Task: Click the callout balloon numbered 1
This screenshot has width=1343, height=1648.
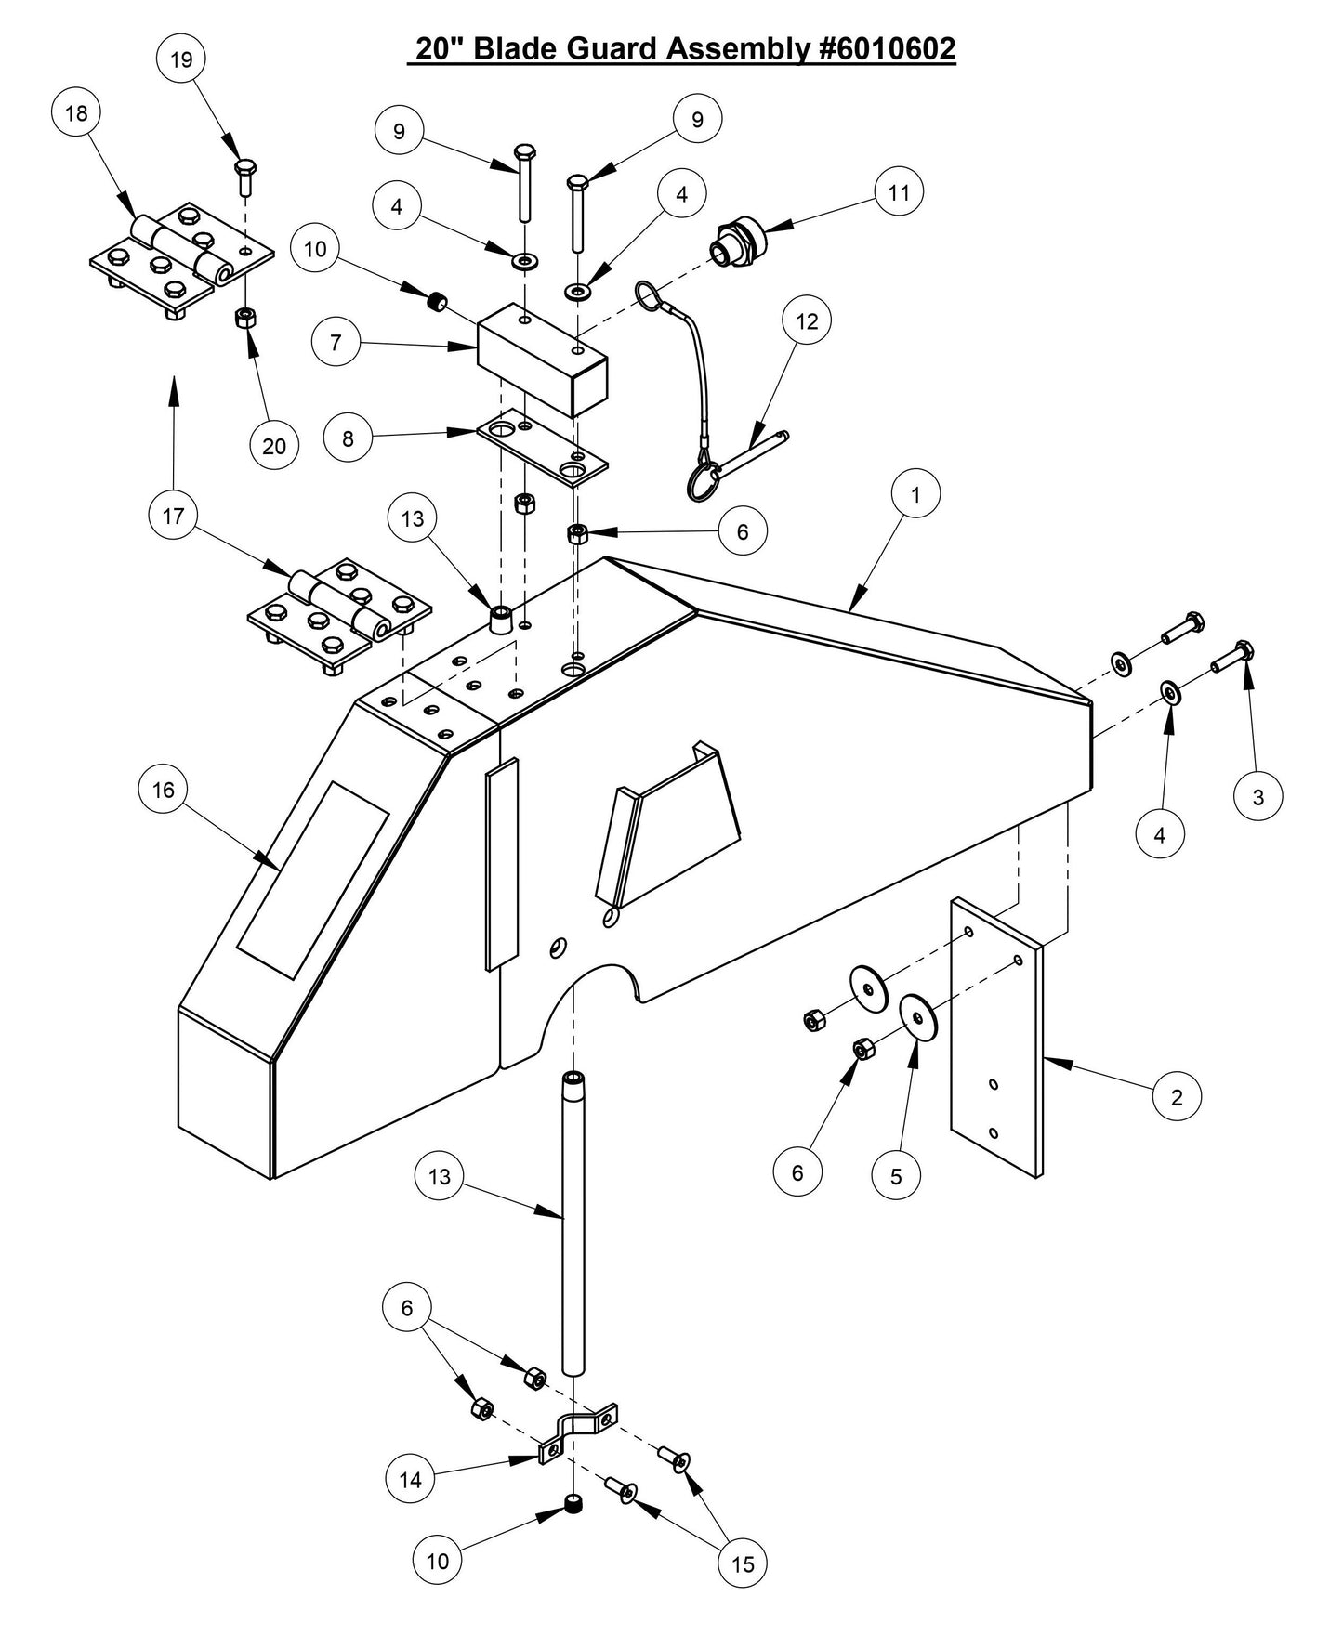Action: [915, 495]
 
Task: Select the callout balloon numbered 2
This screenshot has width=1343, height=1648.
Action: [1177, 1097]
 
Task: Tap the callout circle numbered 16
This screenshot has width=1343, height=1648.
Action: [163, 790]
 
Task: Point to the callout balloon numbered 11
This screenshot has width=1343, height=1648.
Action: [899, 192]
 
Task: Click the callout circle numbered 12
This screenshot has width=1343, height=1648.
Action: [807, 320]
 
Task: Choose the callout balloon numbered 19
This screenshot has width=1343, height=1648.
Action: [181, 59]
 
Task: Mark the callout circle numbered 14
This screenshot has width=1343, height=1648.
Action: [410, 1479]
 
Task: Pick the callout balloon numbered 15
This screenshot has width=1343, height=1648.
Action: [744, 1564]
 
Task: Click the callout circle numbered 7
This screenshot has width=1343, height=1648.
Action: [336, 343]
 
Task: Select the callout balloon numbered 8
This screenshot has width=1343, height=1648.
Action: [348, 438]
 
